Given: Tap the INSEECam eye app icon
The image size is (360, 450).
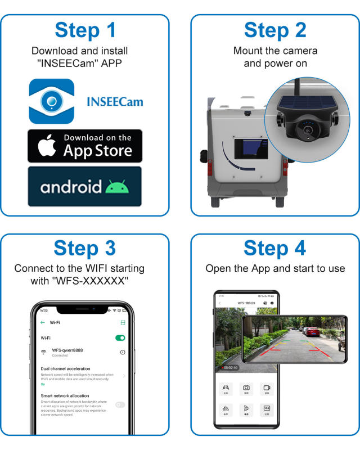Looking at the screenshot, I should point(52,101).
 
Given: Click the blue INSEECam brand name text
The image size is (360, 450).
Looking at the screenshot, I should point(115,102).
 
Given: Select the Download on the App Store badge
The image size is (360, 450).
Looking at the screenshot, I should point(85,146).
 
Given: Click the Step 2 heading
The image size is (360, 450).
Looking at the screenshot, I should point(275,31).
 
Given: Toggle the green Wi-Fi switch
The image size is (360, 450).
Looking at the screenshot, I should point(120,338).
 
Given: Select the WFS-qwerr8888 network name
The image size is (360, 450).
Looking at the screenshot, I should point(67,350).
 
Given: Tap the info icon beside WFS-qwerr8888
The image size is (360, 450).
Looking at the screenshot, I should point(123,352).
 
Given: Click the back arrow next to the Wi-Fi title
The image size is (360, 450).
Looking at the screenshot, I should point(43,322).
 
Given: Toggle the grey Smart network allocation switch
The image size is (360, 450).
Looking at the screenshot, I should point(120,404).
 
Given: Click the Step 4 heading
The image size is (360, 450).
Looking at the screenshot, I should point(275,247).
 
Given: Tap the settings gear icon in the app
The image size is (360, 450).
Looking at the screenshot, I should point(272,303).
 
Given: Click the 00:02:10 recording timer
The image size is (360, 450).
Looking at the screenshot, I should point(230,367).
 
